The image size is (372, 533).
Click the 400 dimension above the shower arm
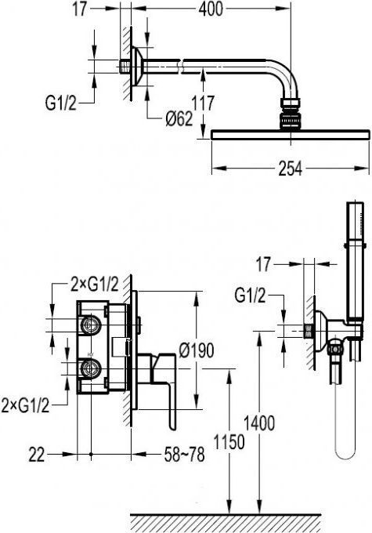pos(211,9)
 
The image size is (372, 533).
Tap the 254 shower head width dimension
pos(290,169)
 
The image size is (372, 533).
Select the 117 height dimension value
pos(203,103)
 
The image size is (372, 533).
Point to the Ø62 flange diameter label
pos(179,119)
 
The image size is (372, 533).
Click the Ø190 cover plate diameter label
pos(197,350)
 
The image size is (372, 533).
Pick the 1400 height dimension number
pos(259,423)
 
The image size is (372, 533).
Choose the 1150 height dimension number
pos(229,442)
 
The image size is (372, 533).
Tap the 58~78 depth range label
pos(185,455)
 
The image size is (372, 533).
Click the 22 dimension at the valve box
pos(36,455)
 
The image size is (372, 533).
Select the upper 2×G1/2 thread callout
pos(95,285)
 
